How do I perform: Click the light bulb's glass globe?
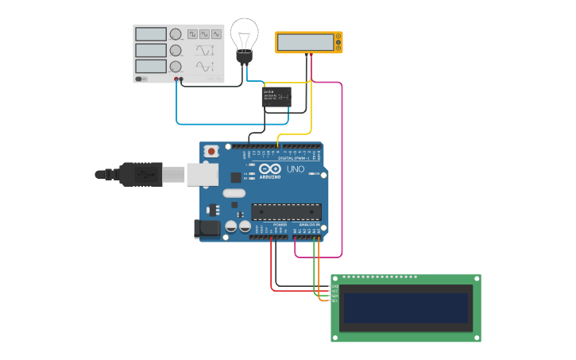click(x=244, y=35)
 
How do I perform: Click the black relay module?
click(x=276, y=98)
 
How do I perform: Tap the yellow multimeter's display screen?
click(x=305, y=42)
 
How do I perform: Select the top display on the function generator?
click(x=150, y=34)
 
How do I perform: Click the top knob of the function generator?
click(x=176, y=34)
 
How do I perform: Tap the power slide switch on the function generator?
click(x=141, y=79)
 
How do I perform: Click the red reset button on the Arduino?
click(x=211, y=151)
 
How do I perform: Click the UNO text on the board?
click(x=295, y=168)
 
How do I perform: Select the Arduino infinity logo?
click(x=269, y=168)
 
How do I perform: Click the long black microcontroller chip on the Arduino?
click(x=286, y=211)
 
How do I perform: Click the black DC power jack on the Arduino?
click(x=207, y=228)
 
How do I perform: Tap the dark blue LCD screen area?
click(x=405, y=308)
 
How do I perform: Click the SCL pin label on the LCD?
click(x=334, y=301)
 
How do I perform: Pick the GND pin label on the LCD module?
click(x=334, y=286)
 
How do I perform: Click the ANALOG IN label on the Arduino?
click(x=309, y=225)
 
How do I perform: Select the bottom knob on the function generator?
click(x=176, y=67)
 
